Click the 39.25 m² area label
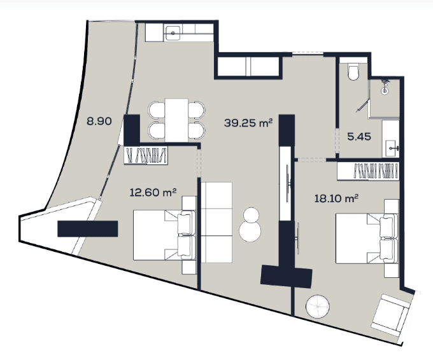[248, 123]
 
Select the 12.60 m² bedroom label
[152, 191]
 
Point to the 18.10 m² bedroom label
[336, 198]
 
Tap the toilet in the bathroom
[354, 72]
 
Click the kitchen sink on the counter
[172, 32]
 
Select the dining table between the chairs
[177, 119]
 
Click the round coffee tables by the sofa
[250, 225]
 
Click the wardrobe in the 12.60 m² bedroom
[146, 155]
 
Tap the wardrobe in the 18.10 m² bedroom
[377, 170]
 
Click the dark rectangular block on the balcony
[88, 229]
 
